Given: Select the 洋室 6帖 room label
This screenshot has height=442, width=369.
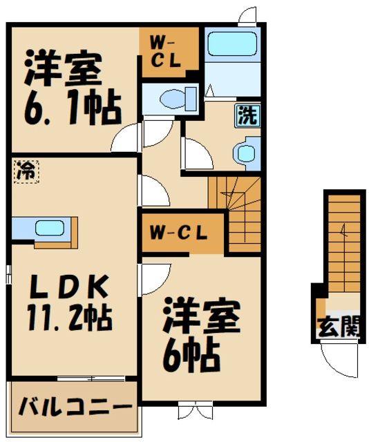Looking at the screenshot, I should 201,334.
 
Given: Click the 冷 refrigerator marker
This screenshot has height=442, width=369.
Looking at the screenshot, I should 25,170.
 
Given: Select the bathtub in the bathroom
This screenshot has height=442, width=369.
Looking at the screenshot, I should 232,44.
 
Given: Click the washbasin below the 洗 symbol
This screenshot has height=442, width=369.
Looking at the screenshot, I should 245,152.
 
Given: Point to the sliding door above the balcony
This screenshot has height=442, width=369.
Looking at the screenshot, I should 91,378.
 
